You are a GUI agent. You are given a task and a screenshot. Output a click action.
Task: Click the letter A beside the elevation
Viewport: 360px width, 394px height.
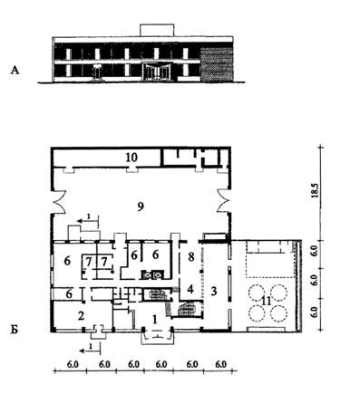15,71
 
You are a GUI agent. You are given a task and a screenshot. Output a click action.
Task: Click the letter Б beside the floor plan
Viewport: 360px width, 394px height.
15,330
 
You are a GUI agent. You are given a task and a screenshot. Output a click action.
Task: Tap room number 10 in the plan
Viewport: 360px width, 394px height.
131,157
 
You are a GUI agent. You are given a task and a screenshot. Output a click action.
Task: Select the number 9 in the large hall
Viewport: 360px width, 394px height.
140,207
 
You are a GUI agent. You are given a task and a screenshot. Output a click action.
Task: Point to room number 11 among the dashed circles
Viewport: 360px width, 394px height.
267,301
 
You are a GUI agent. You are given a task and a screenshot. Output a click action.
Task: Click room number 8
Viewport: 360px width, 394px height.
190,256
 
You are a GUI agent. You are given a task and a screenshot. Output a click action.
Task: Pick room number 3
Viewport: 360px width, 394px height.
214,292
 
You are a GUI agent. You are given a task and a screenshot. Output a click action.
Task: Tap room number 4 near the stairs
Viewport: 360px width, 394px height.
190,289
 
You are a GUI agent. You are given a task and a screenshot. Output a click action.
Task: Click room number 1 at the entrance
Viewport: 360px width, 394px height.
155,319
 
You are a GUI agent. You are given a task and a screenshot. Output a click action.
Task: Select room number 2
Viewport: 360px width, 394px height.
81,316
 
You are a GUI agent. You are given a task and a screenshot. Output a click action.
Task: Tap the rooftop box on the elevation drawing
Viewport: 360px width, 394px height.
157,30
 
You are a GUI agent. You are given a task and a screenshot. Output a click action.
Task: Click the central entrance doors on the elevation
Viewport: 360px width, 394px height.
156,72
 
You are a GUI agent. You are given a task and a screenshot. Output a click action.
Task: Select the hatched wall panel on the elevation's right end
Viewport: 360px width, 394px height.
217,64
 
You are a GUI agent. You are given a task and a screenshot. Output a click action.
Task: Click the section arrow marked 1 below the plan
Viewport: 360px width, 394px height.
90,351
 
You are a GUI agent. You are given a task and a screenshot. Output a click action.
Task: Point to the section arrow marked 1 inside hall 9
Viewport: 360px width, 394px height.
88,221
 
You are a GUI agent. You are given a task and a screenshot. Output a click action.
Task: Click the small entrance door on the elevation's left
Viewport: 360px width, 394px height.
97,73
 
